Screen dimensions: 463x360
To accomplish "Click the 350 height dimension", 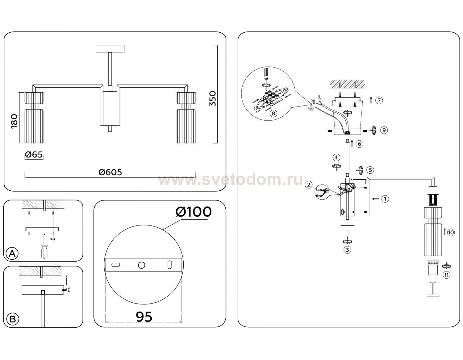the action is (x=212, y=99).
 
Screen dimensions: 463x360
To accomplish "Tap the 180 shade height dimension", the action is (x=14, y=121).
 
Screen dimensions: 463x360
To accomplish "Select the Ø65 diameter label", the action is (x=34, y=154).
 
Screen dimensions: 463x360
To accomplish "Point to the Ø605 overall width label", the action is (x=110, y=172).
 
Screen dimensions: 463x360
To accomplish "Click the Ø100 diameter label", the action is (x=194, y=212).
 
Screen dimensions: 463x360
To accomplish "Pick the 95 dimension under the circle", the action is (x=144, y=317).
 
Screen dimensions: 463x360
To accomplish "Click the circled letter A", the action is (x=12, y=253).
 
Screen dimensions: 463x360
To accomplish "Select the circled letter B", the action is (x=13, y=319).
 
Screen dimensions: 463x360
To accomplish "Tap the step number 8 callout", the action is (x=273, y=113).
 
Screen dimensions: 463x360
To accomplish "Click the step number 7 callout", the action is (x=379, y=100).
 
